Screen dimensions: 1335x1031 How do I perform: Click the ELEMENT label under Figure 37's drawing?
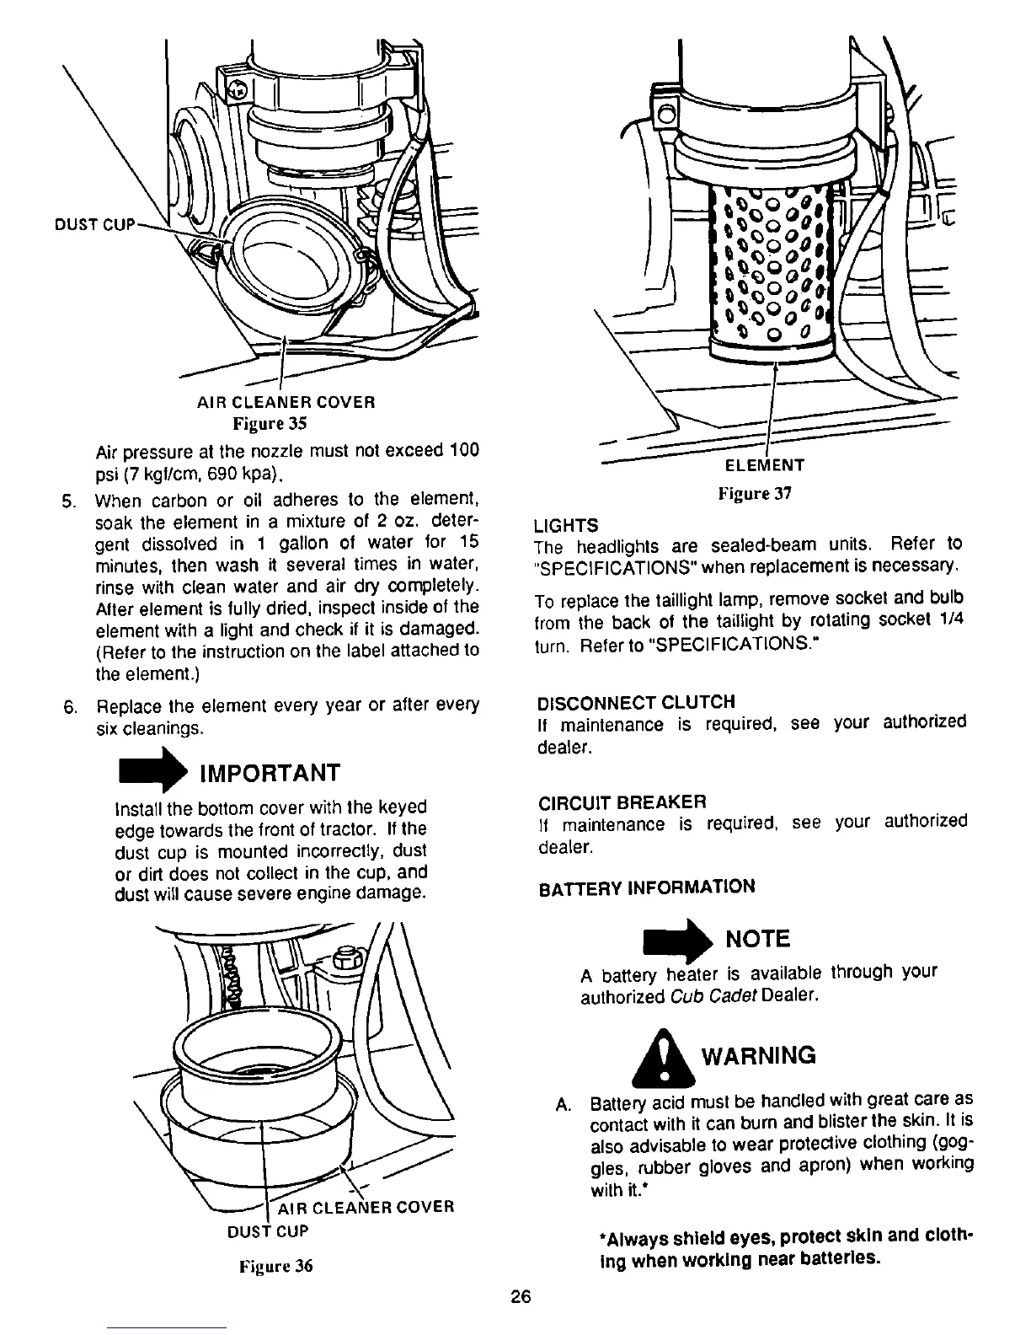pos(765,464)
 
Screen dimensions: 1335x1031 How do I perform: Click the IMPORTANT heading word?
pos(269,773)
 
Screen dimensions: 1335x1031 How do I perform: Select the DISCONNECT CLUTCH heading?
pos(636,702)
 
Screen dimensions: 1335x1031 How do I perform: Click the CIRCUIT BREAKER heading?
pos(622,800)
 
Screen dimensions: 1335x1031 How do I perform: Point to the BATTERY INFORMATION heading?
pos(646,887)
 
